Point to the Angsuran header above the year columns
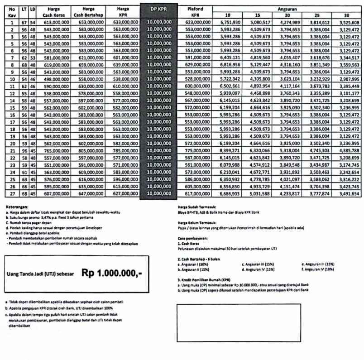point(287,8)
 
